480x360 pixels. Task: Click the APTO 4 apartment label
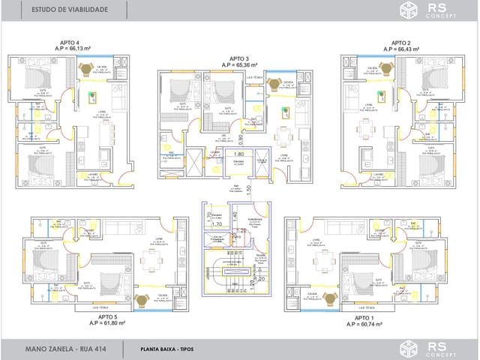[x=67, y=43]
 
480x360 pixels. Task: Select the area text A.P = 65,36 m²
[x=239, y=65]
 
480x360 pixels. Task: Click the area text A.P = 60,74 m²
[x=365, y=325]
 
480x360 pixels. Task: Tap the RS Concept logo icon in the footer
[x=409, y=349]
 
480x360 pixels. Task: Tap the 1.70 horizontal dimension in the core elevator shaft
[x=217, y=223]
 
